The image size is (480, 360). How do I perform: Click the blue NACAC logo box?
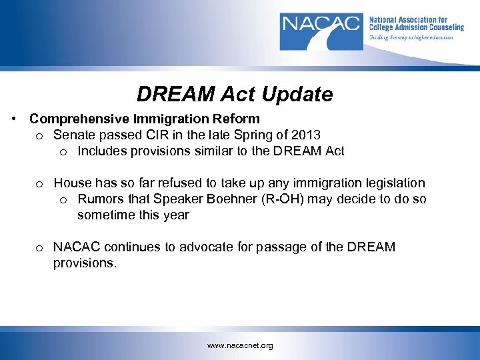click(322, 31)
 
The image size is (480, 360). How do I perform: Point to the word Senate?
click(73, 135)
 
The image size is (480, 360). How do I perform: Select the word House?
click(71, 183)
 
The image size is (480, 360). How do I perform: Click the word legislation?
click(391, 183)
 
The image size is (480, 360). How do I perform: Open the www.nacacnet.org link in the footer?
click(240, 345)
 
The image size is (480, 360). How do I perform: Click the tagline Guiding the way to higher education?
click(411, 37)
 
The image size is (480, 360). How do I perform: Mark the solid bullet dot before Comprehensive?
click(14, 119)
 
